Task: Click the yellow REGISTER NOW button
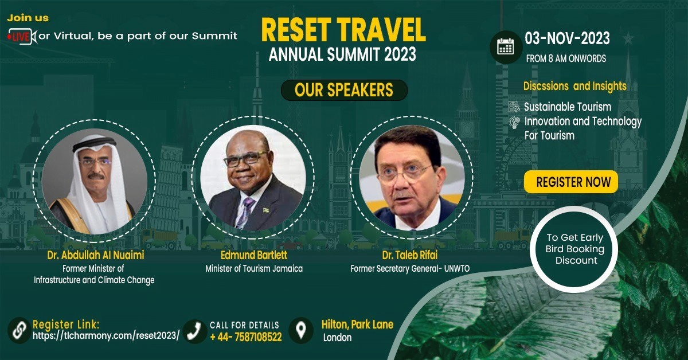[571, 182]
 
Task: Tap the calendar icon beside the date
[506, 48]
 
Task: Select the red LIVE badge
[19, 37]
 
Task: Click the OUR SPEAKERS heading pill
[344, 90]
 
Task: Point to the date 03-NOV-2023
[567, 38]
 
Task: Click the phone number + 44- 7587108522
[246, 337]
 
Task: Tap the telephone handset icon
[195, 331]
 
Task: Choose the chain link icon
[19, 330]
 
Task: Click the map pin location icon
[301, 330]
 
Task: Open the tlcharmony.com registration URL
[106, 335]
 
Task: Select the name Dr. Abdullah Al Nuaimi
[96, 255]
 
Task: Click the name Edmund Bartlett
[254, 255]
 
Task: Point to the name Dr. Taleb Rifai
[410, 255]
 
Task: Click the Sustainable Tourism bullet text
[568, 107]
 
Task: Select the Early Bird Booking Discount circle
[574, 249]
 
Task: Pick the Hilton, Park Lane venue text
[357, 324]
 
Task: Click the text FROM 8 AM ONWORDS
[566, 58]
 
